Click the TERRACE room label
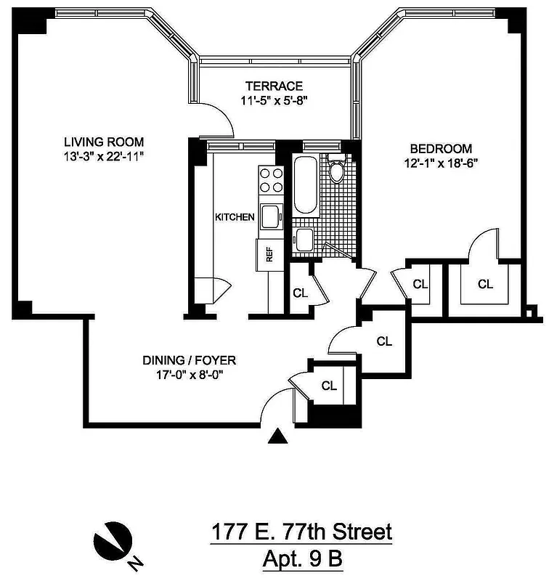(273, 86)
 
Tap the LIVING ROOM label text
(103, 142)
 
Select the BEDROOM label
(439, 148)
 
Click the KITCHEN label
(234, 216)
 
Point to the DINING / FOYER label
(189, 360)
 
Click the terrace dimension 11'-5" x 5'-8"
(273, 101)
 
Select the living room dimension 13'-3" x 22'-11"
(103, 156)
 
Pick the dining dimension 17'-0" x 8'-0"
(189, 375)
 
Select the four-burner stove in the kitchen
(271, 180)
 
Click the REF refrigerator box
(268, 254)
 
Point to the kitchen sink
(271, 216)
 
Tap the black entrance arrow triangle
(277, 436)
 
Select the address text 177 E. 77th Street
(301, 532)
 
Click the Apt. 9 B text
(301, 560)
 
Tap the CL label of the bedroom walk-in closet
(485, 284)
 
